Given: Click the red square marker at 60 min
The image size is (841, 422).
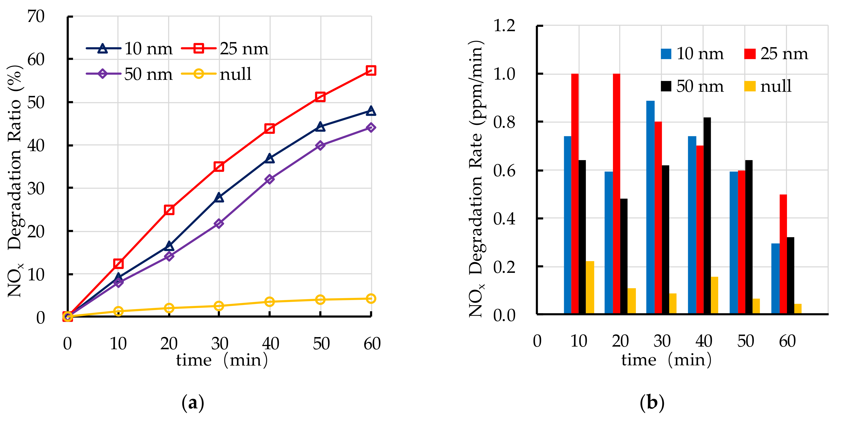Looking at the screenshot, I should coord(371,70).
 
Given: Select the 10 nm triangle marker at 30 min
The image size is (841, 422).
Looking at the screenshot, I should coord(219,197).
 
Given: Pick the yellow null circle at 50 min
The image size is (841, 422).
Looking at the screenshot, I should coord(320,300).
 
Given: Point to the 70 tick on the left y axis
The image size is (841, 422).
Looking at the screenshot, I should coord(36,16).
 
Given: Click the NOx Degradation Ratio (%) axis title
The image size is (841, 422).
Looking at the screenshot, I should coord(15,181).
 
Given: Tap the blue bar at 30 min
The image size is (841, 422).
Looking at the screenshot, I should coord(650,207).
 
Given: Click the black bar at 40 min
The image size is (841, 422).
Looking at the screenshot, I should coord(707,216).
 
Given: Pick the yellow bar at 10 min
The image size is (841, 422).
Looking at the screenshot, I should coord(590,287).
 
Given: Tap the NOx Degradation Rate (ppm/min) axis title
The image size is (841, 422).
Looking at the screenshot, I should coord(477,179).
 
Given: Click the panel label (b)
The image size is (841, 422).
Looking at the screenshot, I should coord(652,402).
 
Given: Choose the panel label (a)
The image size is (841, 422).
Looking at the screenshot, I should coord(193,402).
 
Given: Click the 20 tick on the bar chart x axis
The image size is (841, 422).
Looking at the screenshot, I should coord(620,341).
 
